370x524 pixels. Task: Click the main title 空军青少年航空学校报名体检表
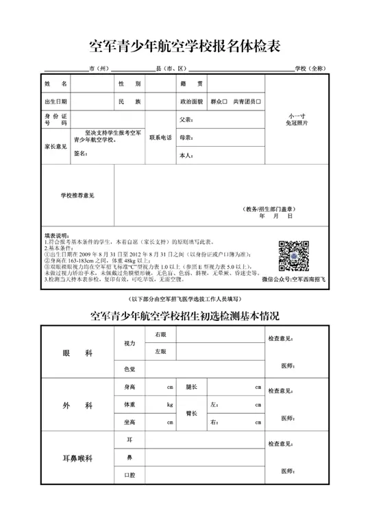click(x=185, y=47)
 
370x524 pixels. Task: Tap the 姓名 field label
click(x=56, y=84)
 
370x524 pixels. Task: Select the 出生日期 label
click(x=56, y=102)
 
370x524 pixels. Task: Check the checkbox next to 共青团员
click(x=258, y=102)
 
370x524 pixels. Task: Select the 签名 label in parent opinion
click(x=80, y=154)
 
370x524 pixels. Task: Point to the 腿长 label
click(x=191, y=388)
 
